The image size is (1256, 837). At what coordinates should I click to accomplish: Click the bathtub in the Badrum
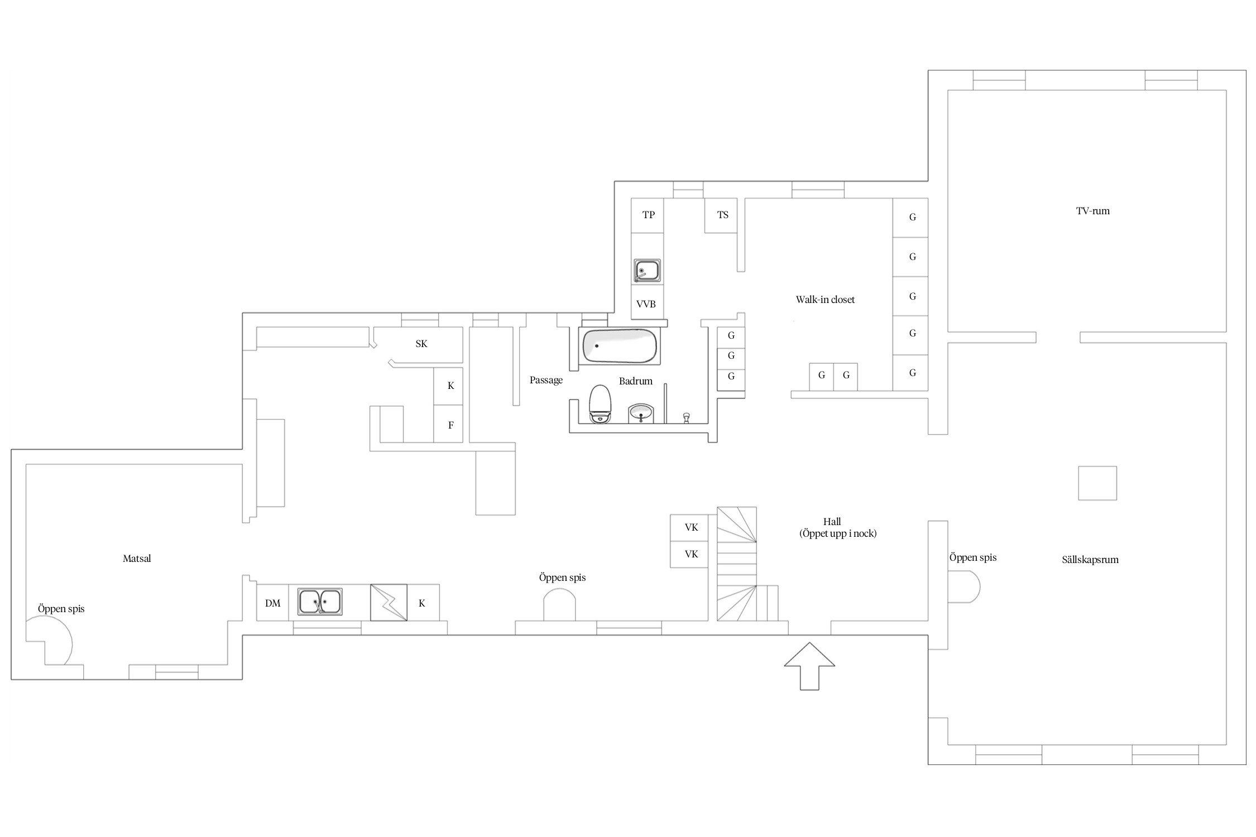(x=619, y=346)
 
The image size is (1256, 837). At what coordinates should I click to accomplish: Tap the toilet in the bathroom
(x=600, y=404)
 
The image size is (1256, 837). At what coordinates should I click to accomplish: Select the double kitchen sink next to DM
(x=319, y=602)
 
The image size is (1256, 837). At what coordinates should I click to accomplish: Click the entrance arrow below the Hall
(x=809, y=666)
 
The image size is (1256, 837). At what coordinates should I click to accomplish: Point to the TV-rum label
(x=1092, y=211)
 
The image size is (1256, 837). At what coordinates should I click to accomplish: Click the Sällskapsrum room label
(x=1090, y=560)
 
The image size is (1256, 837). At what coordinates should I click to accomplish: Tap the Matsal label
(x=137, y=559)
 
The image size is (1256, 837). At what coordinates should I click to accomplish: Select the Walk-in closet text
(x=825, y=300)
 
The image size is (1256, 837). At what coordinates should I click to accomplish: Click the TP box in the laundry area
(x=648, y=215)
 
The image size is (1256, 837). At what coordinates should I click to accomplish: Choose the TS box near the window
(x=721, y=215)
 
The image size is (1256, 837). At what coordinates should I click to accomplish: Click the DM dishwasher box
(x=272, y=603)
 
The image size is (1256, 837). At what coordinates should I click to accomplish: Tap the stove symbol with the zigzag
(x=389, y=603)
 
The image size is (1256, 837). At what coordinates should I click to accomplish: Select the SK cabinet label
(x=421, y=344)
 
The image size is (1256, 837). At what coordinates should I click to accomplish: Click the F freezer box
(x=448, y=424)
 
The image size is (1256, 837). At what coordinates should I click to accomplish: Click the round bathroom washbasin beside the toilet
(x=641, y=413)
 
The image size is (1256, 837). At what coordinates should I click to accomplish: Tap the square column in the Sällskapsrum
(x=1097, y=483)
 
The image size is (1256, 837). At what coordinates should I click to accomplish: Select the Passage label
(x=546, y=381)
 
